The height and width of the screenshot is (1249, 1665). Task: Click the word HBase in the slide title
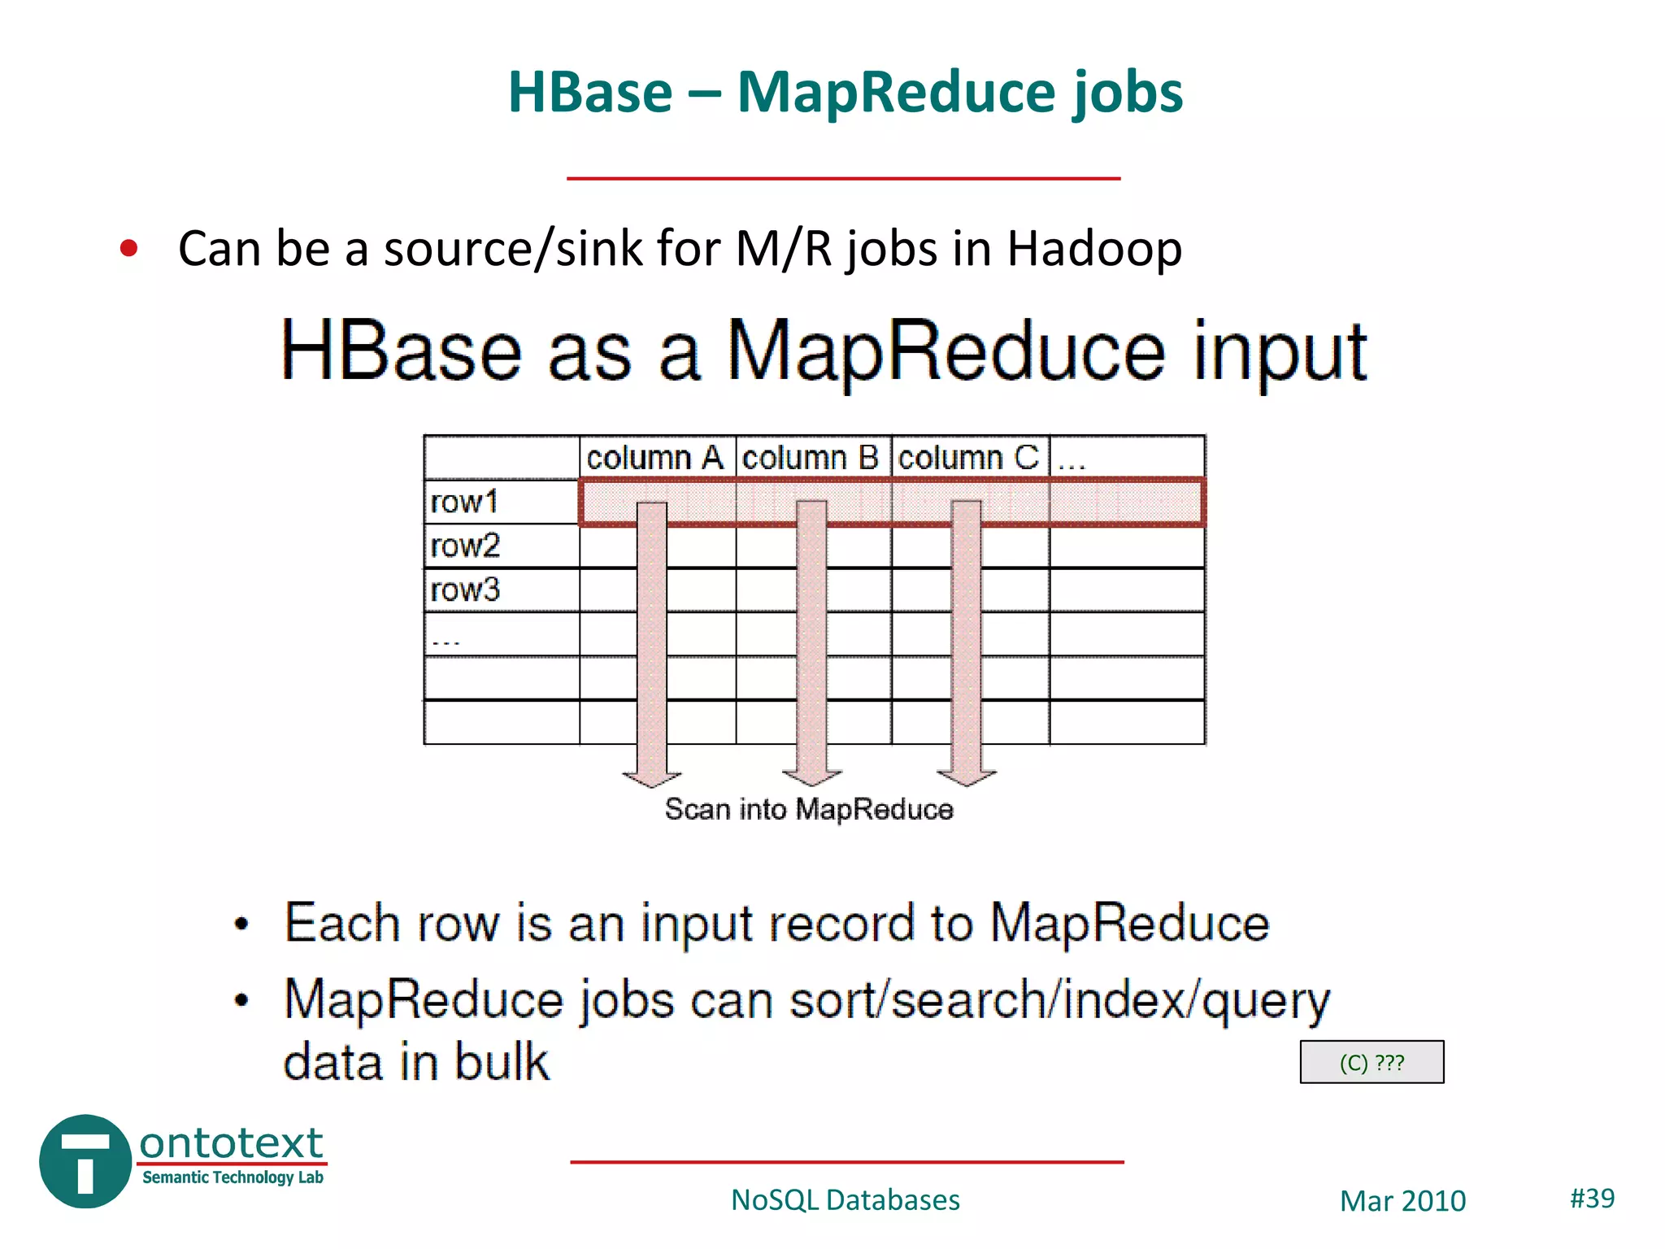tap(590, 92)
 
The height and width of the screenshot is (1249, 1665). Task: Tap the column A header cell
tap(656, 458)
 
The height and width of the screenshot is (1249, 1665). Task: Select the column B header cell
tap(811, 458)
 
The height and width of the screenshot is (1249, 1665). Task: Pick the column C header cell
tap(968, 458)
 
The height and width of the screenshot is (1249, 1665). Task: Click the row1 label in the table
tap(464, 502)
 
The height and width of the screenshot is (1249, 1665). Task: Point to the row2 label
tap(465, 546)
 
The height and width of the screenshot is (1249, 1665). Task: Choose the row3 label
tap(465, 590)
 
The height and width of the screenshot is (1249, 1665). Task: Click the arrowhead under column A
tap(652, 777)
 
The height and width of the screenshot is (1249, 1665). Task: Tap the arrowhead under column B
tap(811, 777)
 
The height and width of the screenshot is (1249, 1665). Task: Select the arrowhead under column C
tap(967, 777)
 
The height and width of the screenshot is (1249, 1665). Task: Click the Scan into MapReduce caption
tap(809, 809)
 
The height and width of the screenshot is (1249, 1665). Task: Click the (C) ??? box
tap(1372, 1062)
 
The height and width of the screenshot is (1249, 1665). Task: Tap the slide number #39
tap(1592, 1198)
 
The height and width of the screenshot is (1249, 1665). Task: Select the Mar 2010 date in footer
tap(1402, 1201)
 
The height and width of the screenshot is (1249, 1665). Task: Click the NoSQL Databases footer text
tap(846, 1200)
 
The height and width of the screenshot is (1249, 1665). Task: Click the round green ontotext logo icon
tap(85, 1161)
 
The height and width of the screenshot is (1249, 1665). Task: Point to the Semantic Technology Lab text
tap(233, 1177)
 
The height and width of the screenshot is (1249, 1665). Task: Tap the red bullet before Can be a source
tap(128, 248)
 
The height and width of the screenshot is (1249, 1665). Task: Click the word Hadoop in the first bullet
tap(1094, 248)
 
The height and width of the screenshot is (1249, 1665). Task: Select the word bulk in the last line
tap(502, 1062)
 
